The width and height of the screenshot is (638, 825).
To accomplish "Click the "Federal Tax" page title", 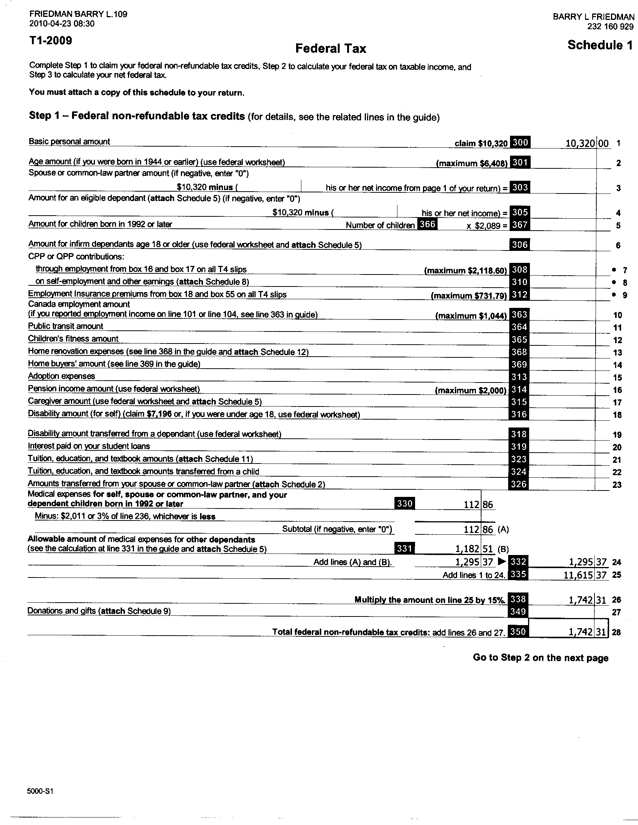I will [330, 48].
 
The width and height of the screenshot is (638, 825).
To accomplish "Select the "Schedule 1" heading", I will [599, 45].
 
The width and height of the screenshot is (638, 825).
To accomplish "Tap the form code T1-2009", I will [51, 40].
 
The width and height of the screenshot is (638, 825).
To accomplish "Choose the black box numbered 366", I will [427, 224].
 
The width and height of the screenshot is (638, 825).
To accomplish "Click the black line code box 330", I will [405, 504].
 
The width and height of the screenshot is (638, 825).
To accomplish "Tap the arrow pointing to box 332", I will [502, 562].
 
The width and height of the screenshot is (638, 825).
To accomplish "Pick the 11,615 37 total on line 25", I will [584, 575].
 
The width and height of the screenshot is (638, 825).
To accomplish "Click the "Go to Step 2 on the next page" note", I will [540, 658].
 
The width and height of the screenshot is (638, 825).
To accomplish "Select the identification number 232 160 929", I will [610, 27].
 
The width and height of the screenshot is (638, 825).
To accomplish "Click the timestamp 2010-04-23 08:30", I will [62, 24].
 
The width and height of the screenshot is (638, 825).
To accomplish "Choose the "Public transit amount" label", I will [65, 326].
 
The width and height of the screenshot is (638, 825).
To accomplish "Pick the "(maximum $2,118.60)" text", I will [465, 270].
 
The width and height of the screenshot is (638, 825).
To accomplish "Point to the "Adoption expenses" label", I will [61, 376].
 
